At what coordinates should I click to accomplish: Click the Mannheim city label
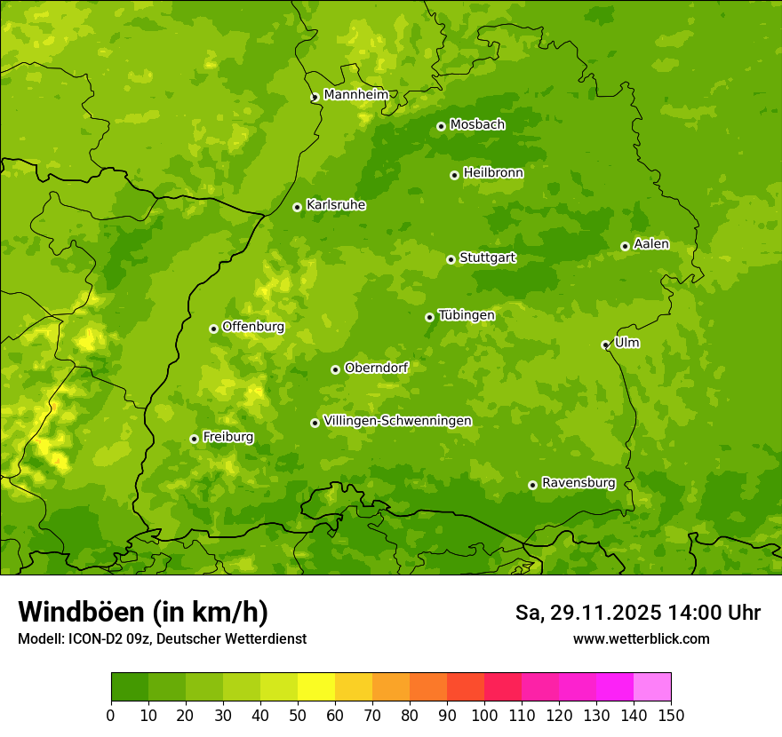click(355, 95)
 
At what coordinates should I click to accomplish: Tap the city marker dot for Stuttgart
click(451, 259)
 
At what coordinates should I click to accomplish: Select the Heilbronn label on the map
click(493, 173)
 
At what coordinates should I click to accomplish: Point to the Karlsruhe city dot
click(297, 207)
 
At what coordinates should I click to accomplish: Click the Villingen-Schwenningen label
click(397, 421)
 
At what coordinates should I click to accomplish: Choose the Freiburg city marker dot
click(194, 439)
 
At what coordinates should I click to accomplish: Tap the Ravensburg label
click(579, 483)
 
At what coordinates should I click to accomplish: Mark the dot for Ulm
click(605, 345)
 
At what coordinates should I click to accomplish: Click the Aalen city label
click(651, 244)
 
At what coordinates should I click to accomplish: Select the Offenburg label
click(253, 327)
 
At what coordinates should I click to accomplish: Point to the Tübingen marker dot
click(429, 317)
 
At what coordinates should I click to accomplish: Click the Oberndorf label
click(376, 368)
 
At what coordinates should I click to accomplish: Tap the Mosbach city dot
click(441, 126)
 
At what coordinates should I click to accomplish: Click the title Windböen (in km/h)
click(143, 613)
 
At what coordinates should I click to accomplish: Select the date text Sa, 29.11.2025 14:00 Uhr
click(637, 613)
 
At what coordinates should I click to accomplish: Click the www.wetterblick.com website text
click(641, 638)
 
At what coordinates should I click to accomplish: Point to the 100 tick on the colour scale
click(484, 715)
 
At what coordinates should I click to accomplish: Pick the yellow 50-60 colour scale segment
click(316, 687)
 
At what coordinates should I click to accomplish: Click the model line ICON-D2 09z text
click(162, 638)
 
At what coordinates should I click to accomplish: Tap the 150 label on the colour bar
click(670, 715)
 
